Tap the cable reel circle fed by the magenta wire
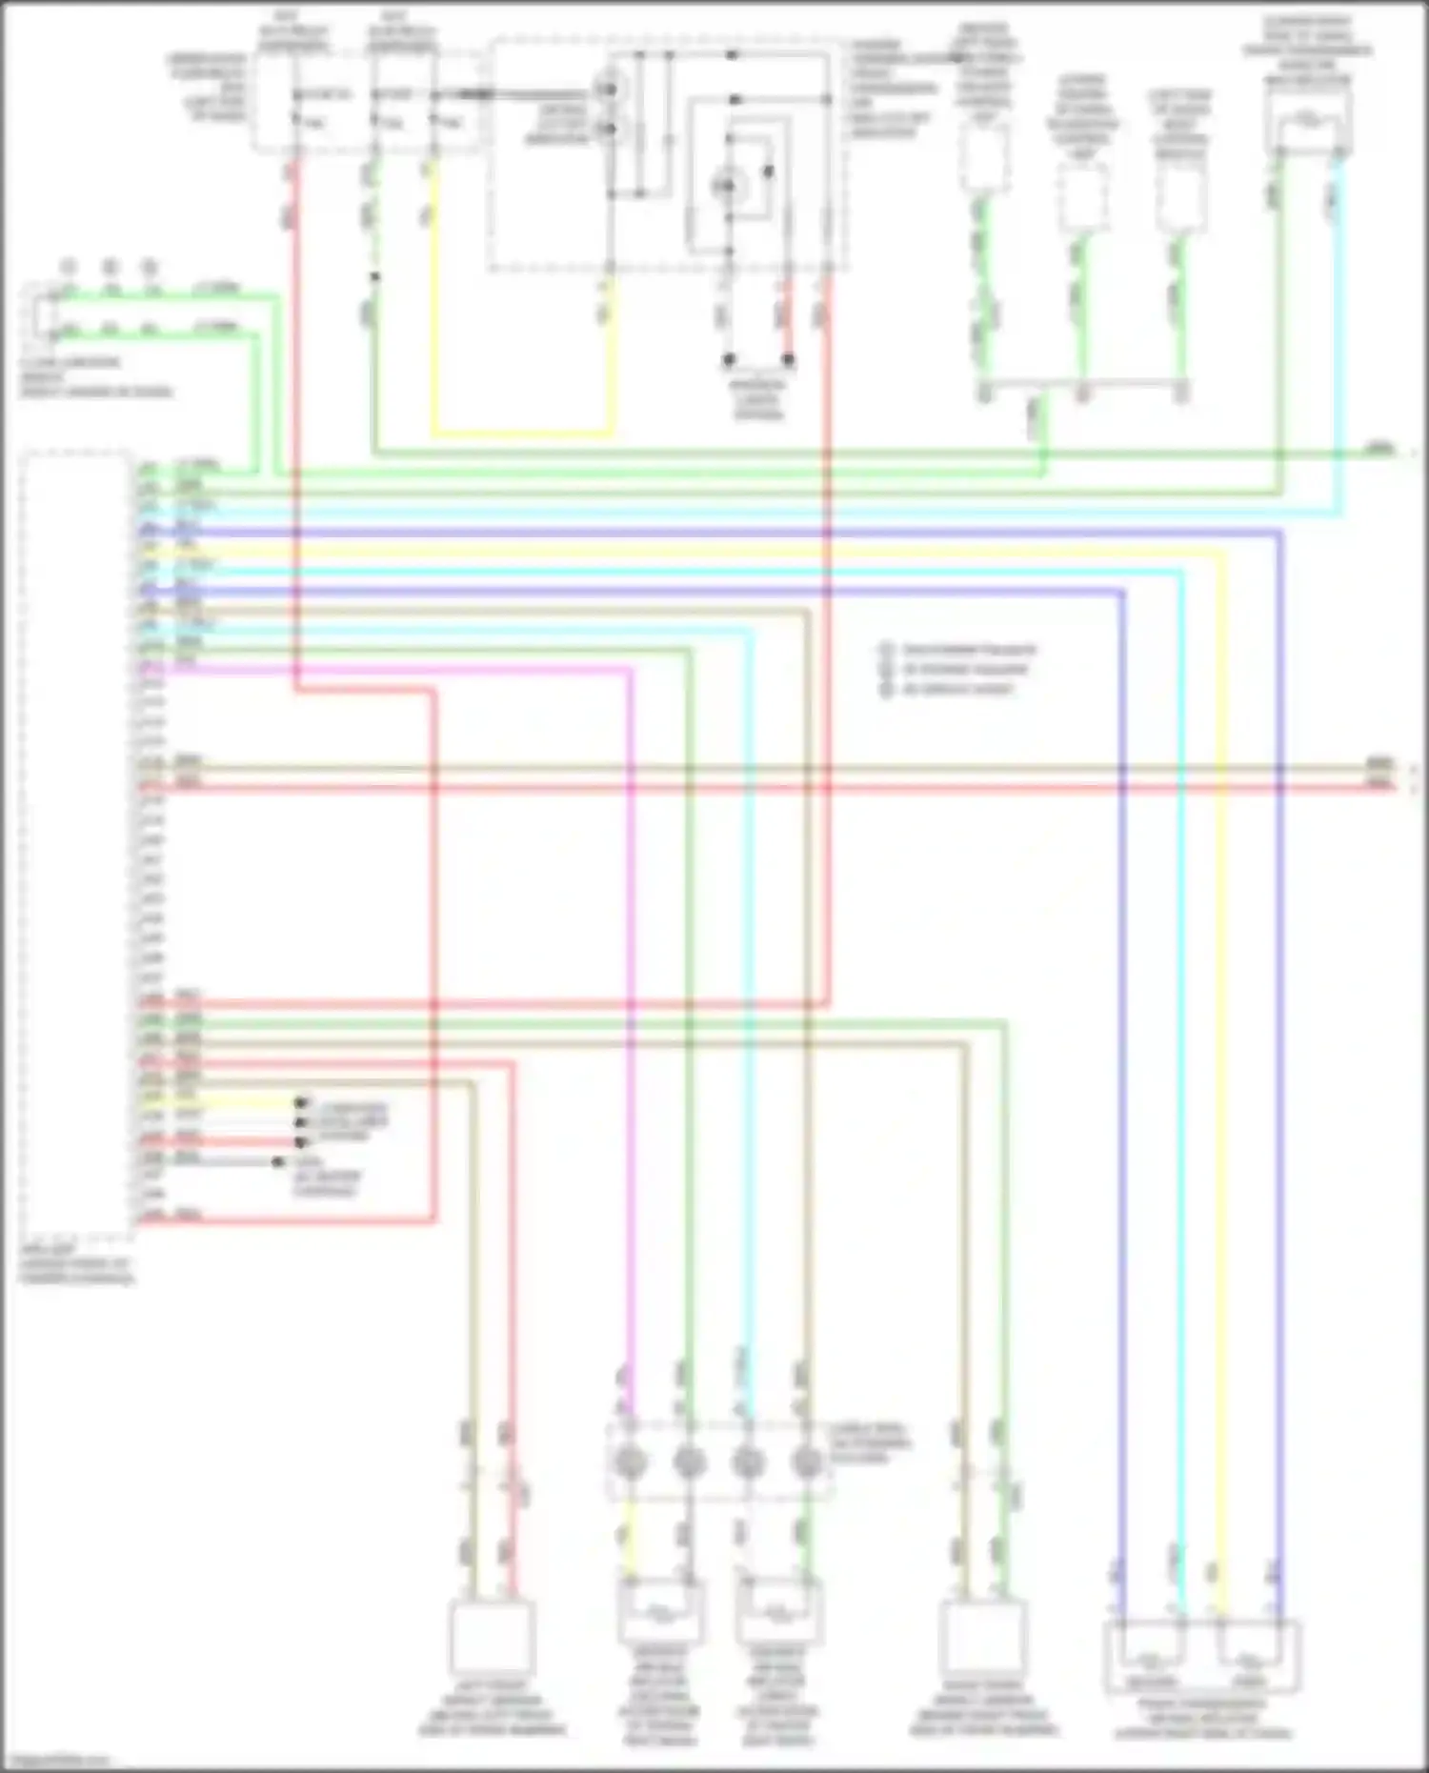[629, 1461]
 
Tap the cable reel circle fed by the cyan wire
[749, 1461]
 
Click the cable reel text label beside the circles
[870, 1442]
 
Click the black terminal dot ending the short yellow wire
[301, 1102]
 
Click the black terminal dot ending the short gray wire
[278, 1162]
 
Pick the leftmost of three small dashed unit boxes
[984, 158]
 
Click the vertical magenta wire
[629, 1000]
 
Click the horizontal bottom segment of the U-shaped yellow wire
[522, 433]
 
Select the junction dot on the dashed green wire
[375, 277]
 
